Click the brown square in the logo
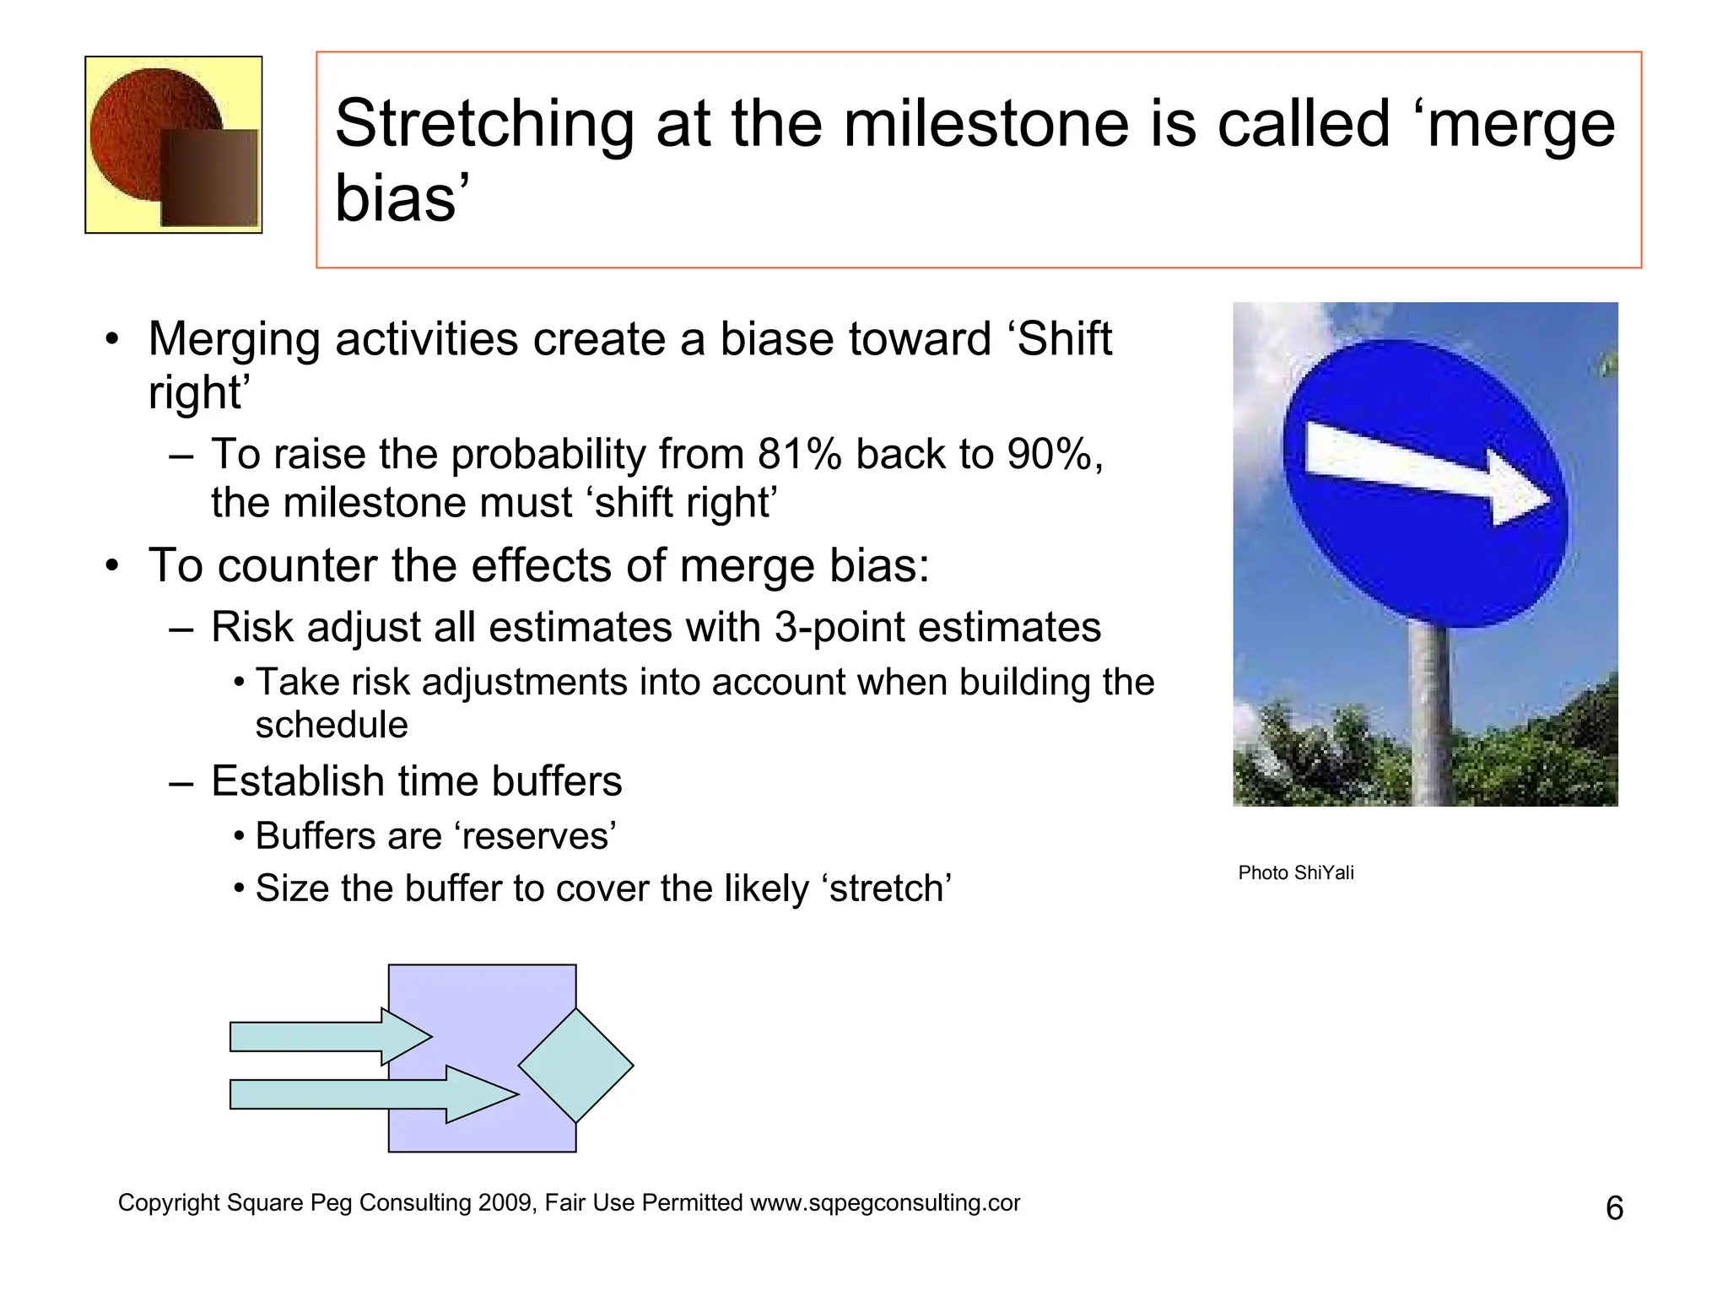point(209,179)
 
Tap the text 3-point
point(836,627)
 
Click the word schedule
point(332,725)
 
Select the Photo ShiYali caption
point(1295,872)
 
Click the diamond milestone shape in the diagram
point(576,1066)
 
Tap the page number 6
point(1614,1208)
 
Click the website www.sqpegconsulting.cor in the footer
point(884,1202)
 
